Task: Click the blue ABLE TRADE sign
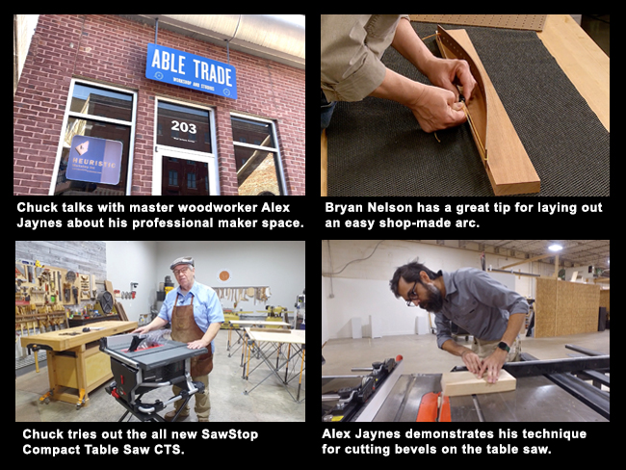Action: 191,70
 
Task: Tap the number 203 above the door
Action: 183,125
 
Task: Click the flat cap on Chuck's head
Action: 181,261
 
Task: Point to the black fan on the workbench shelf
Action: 106,304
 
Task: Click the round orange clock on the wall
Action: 224,274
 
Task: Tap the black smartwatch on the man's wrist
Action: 503,347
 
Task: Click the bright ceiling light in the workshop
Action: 555,248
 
